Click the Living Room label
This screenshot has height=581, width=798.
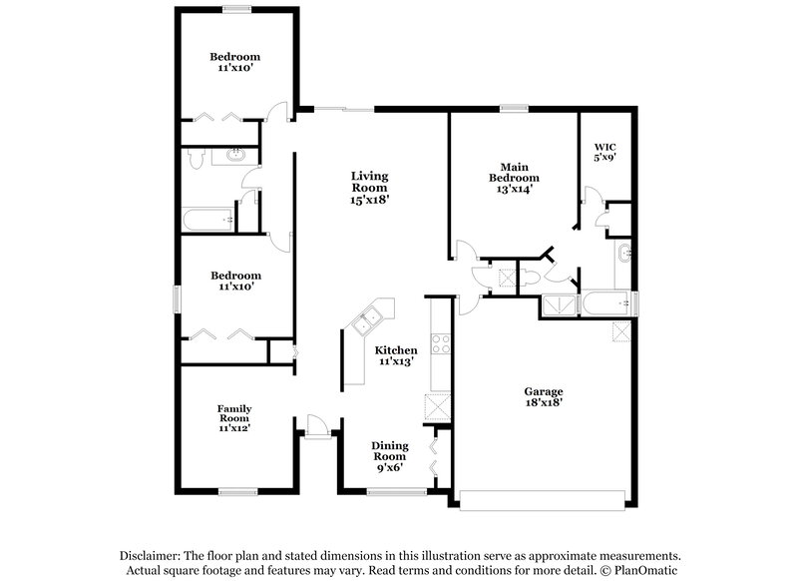369,187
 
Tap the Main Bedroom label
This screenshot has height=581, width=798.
514,178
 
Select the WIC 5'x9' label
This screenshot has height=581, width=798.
604,151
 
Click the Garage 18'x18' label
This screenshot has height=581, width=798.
544,397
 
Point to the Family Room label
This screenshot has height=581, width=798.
234,417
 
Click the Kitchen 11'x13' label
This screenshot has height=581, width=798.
396,356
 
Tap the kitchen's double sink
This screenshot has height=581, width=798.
365,320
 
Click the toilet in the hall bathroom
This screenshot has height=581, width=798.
197,157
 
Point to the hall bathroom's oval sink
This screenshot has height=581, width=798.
237,156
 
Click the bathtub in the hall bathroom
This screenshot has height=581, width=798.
207,219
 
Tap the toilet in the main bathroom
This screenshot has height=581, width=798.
532,277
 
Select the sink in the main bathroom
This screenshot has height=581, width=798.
624,254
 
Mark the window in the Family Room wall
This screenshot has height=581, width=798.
238,491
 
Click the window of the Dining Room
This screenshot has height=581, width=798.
382,491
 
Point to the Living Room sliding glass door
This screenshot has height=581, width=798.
344,107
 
